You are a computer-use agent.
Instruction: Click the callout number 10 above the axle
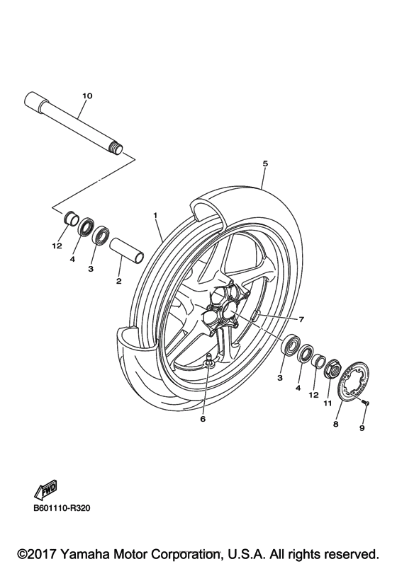87,95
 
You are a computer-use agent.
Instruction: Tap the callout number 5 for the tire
264,163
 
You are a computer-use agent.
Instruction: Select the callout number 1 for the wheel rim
155,214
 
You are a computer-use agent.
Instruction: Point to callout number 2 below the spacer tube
118,281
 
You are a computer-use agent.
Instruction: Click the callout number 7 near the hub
301,319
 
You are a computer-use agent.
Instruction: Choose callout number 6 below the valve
202,419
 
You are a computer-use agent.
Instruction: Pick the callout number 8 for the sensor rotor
335,425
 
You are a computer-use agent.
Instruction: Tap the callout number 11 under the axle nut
328,403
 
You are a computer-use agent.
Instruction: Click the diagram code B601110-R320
63,507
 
